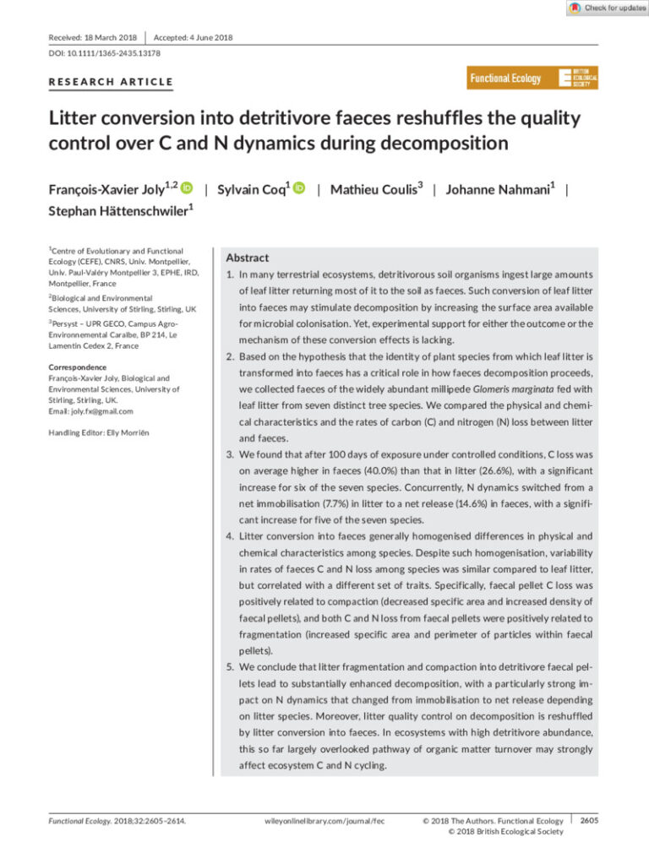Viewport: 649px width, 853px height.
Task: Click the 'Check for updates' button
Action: (x=607, y=8)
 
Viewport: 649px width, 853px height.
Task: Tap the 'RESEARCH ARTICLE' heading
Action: (x=111, y=82)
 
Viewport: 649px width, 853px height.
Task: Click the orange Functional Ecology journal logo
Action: (x=533, y=79)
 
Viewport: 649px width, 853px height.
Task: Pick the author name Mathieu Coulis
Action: (x=375, y=189)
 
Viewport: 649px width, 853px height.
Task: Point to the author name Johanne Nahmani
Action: (x=500, y=189)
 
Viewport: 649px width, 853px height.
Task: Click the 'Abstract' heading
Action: (x=247, y=258)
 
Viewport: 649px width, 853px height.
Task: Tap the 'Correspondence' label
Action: (x=77, y=367)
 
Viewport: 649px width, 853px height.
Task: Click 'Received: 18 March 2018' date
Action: (x=94, y=37)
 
